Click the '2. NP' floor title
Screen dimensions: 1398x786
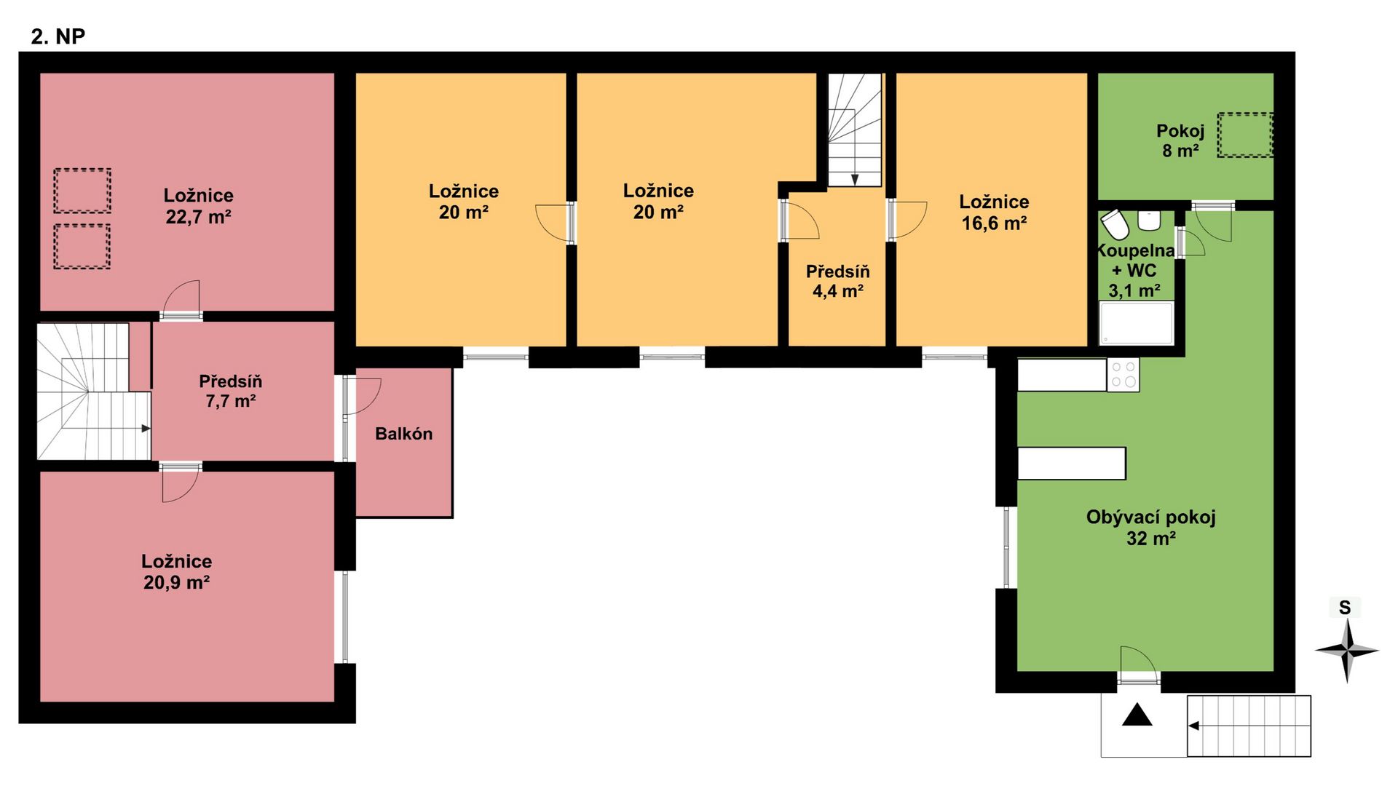pyautogui.click(x=58, y=36)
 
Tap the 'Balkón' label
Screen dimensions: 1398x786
pyautogui.click(x=403, y=434)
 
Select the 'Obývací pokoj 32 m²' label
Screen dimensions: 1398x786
pyautogui.click(x=1150, y=528)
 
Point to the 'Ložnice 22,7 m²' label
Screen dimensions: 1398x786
pyautogui.click(x=198, y=206)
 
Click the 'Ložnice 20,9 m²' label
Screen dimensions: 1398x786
pyautogui.click(x=177, y=572)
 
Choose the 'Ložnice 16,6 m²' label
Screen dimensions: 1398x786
pyautogui.click(x=994, y=213)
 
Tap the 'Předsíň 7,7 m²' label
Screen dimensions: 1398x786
pyautogui.click(x=230, y=391)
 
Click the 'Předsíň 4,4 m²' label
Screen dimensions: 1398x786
pyautogui.click(x=837, y=281)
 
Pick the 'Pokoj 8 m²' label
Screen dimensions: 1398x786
pyautogui.click(x=1180, y=140)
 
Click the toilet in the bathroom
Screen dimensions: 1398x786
pyautogui.click(x=1115, y=224)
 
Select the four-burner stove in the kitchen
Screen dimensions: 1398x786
pyautogui.click(x=1123, y=375)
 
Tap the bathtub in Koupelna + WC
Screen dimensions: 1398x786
pyautogui.click(x=1137, y=322)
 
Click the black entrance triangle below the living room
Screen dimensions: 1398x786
pyautogui.click(x=1137, y=715)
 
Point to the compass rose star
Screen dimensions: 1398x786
pyautogui.click(x=1346, y=651)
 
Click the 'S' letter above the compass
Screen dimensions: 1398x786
pyautogui.click(x=1345, y=608)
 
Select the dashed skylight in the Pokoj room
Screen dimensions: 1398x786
pyautogui.click(x=1246, y=135)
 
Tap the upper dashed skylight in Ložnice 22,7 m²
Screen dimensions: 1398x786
pyautogui.click(x=82, y=191)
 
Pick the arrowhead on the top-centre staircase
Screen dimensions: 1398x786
pyautogui.click(x=855, y=180)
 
